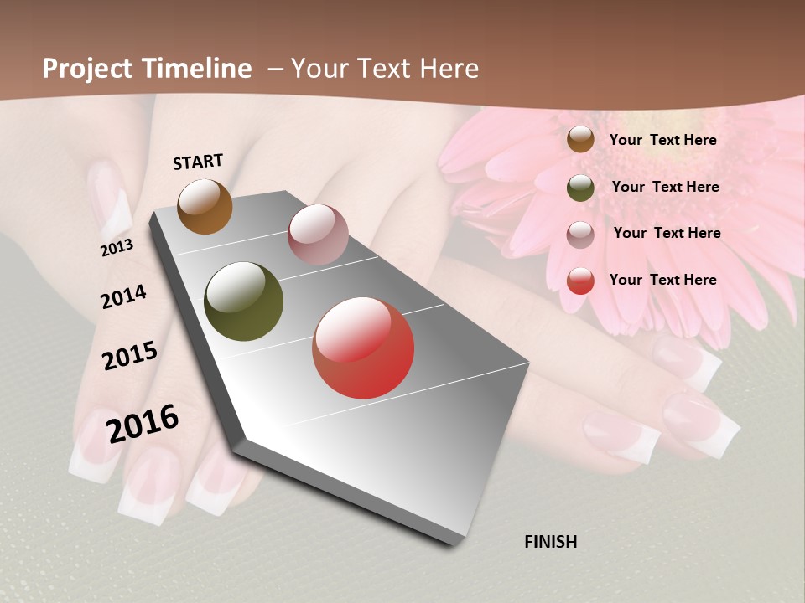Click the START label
point(198,162)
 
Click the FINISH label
point(551,542)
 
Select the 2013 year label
point(117,248)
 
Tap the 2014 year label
point(124,297)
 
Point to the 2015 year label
point(130,356)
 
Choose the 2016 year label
point(143,423)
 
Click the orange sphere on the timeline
point(205,206)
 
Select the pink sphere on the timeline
point(318,234)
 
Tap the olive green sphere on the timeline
point(244,301)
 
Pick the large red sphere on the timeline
point(363,348)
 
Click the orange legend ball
point(580,140)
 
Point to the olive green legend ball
point(580,188)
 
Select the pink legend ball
point(580,234)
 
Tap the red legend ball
point(580,281)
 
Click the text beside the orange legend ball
point(663,140)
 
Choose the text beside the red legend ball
point(663,280)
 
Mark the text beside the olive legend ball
point(666,187)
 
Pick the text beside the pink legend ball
point(667,233)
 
